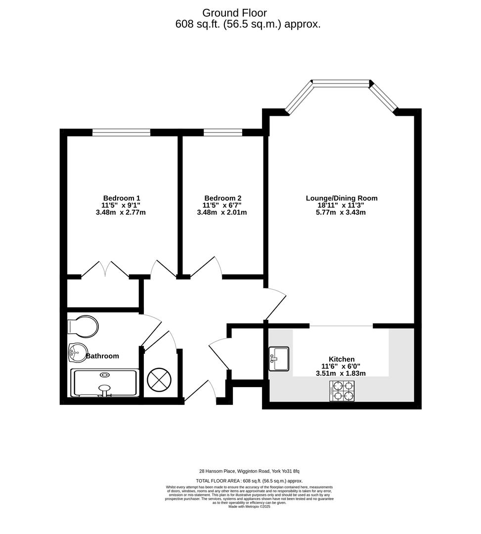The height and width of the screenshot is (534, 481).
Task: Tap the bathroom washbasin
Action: pyautogui.click(x=76, y=352)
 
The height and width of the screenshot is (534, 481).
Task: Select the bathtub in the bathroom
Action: pyautogui.click(x=104, y=383)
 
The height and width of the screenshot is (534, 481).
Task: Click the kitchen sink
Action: pyautogui.click(x=279, y=358)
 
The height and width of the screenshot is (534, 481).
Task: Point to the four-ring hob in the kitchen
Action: pyautogui.click(x=342, y=391)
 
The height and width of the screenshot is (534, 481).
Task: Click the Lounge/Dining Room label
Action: pyautogui.click(x=341, y=198)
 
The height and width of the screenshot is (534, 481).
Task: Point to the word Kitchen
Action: pyautogui.click(x=342, y=359)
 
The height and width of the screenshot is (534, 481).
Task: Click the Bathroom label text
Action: pyautogui.click(x=103, y=356)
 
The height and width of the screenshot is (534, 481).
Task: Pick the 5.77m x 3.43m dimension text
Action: pyautogui.click(x=341, y=213)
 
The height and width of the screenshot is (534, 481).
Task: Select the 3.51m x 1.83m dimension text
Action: pyautogui.click(x=341, y=373)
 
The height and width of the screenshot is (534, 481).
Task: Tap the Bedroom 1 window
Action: pyautogui.click(x=121, y=132)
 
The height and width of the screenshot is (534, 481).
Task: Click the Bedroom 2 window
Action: pyautogui.click(x=222, y=132)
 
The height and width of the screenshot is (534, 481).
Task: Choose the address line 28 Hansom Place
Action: pyautogui.click(x=249, y=471)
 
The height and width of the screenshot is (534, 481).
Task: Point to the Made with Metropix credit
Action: pyautogui.click(x=249, y=506)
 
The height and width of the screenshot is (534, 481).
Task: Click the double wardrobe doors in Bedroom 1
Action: pyautogui.click(x=105, y=269)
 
